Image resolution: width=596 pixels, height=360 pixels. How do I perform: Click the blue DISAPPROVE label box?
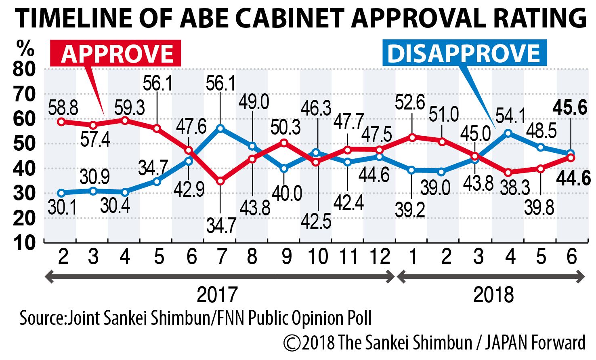[464, 53]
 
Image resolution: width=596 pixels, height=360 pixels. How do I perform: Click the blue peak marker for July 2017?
[220, 128]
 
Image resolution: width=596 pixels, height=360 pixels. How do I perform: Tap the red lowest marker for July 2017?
[220, 181]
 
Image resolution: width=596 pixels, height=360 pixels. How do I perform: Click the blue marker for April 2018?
[509, 133]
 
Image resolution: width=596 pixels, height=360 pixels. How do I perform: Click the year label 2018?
[493, 295]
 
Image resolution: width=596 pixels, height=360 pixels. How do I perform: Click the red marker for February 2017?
[61, 122]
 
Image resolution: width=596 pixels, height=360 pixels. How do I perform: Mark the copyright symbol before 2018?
[291, 343]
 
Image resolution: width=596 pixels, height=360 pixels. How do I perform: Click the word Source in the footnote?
[41, 318]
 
